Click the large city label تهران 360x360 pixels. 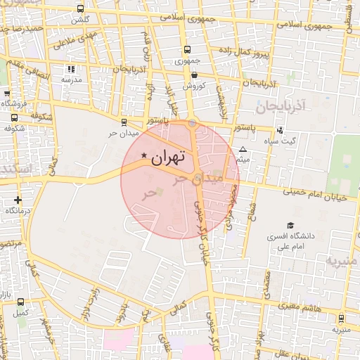click(168, 157)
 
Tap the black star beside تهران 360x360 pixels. click(144, 155)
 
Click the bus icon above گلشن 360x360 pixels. click(80, 9)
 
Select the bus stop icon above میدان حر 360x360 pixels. click(124, 121)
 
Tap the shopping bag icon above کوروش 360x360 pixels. click(193, 74)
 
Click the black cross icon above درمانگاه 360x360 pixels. click(18, 200)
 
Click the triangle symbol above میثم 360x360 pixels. click(243, 150)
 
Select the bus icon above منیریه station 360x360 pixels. click(341, 318)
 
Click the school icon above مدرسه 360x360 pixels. click(70, 69)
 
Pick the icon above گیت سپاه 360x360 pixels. click(281, 129)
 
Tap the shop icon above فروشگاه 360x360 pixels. click(6, 93)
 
